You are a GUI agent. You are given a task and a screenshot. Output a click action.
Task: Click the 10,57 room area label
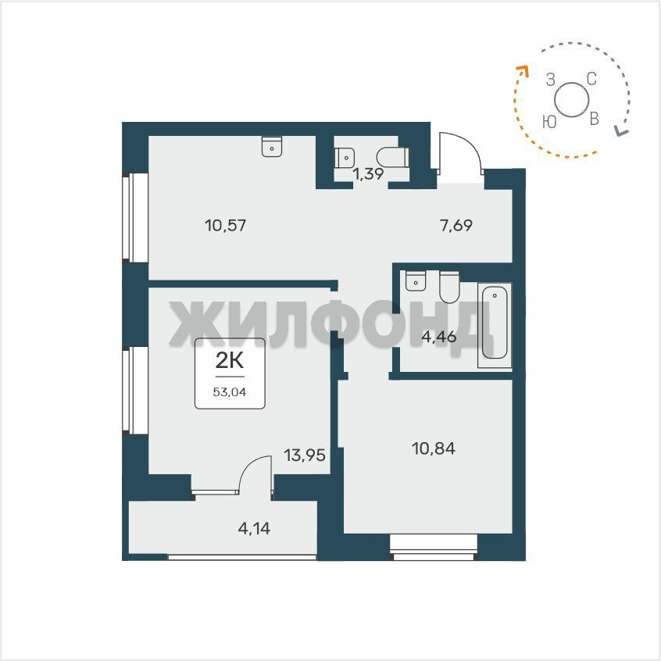pyautogui.click(x=226, y=226)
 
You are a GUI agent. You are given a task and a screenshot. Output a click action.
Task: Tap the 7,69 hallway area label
pyautogui.click(x=456, y=226)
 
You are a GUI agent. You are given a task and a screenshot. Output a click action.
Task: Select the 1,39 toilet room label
pyautogui.click(x=369, y=173)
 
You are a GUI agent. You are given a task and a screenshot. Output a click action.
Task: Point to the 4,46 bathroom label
pyautogui.click(x=439, y=337)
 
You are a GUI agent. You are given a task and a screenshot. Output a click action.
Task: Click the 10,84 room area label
pyautogui.click(x=434, y=448)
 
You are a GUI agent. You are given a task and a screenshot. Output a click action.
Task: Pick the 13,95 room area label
pyautogui.click(x=305, y=456)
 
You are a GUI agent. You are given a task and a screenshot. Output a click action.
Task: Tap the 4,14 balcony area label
pyautogui.click(x=254, y=528)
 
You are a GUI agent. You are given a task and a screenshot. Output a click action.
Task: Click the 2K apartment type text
pyautogui.click(x=230, y=360)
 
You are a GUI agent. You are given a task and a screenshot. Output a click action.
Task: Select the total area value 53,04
pyautogui.click(x=230, y=392)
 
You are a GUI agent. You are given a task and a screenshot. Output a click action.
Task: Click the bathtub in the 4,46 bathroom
pyautogui.click(x=495, y=323)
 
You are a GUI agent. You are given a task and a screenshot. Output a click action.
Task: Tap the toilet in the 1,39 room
pyautogui.click(x=393, y=158)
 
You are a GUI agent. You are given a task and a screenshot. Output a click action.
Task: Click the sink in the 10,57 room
pyautogui.click(x=272, y=146)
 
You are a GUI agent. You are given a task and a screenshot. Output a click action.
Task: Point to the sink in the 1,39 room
pyautogui.click(x=345, y=158)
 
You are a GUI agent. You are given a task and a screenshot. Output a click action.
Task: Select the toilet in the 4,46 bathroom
pyautogui.click(x=449, y=287)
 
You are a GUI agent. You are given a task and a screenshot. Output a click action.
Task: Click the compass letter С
pyautogui.click(x=591, y=79)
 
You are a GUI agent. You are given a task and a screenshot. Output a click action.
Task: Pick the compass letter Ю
pyautogui.click(x=550, y=122)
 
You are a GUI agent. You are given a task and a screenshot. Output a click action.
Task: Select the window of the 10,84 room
pyautogui.click(x=434, y=547)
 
